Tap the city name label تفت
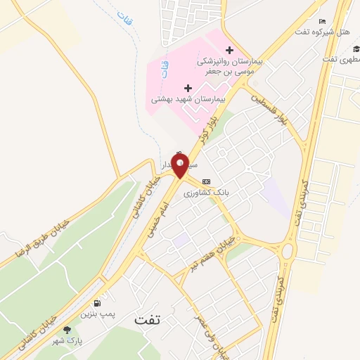click(x=148, y=319)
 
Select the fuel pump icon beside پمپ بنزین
click(x=106, y=303)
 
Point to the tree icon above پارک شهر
click(x=67, y=330)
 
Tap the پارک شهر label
click(x=69, y=340)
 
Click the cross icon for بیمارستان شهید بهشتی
click(x=188, y=88)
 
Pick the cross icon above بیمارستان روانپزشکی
click(x=229, y=49)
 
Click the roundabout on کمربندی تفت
click(x=286, y=250)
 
